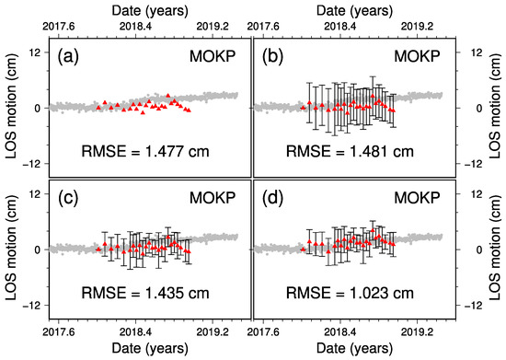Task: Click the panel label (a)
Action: click(x=68, y=56)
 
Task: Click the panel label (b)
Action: click(x=272, y=56)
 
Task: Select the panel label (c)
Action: click(x=68, y=198)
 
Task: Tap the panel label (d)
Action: click(x=272, y=198)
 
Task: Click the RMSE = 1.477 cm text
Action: click(x=145, y=151)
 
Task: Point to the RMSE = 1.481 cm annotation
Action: click(x=350, y=151)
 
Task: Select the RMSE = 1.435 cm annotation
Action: click(x=145, y=293)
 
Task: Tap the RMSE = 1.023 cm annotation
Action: click(x=350, y=293)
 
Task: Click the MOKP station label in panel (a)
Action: click(x=213, y=56)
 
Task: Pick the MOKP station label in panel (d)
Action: click(x=417, y=198)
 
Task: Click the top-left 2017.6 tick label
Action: click(x=58, y=26)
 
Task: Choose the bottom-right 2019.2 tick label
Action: click(x=417, y=332)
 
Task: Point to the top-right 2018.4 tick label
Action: click(x=340, y=26)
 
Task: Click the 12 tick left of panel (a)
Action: click(x=38, y=52)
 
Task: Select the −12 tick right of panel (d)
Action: click(x=473, y=306)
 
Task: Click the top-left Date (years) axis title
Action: click(x=150, y=11)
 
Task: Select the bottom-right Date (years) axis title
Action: click(x=354, y=349)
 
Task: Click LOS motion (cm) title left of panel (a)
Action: click(x=11, y=108)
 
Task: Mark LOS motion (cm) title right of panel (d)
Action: click(x=495, y=250)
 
